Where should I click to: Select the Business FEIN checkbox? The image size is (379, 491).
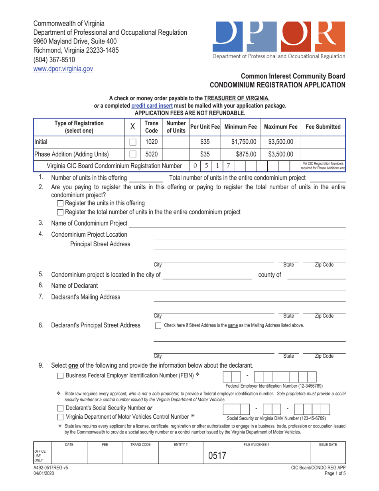(x=60, y=375)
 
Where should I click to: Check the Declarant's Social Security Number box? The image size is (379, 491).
(x=60, y=408)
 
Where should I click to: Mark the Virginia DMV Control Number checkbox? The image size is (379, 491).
(x=60, y=417)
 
